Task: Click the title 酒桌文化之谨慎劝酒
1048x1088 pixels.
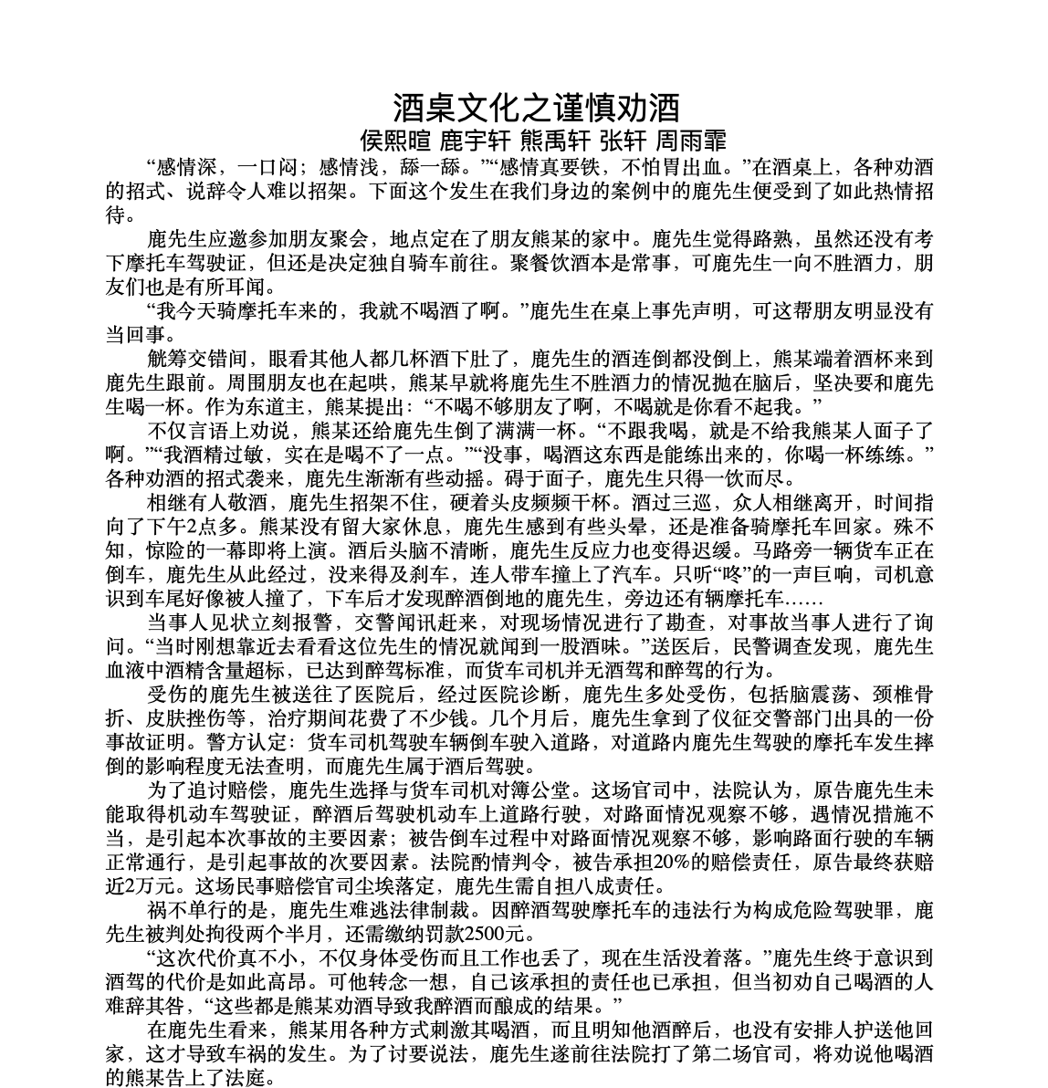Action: pyautogui.click(x=536, y=107)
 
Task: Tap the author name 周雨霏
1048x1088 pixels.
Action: pyautogui.click(x=691, y=141)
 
